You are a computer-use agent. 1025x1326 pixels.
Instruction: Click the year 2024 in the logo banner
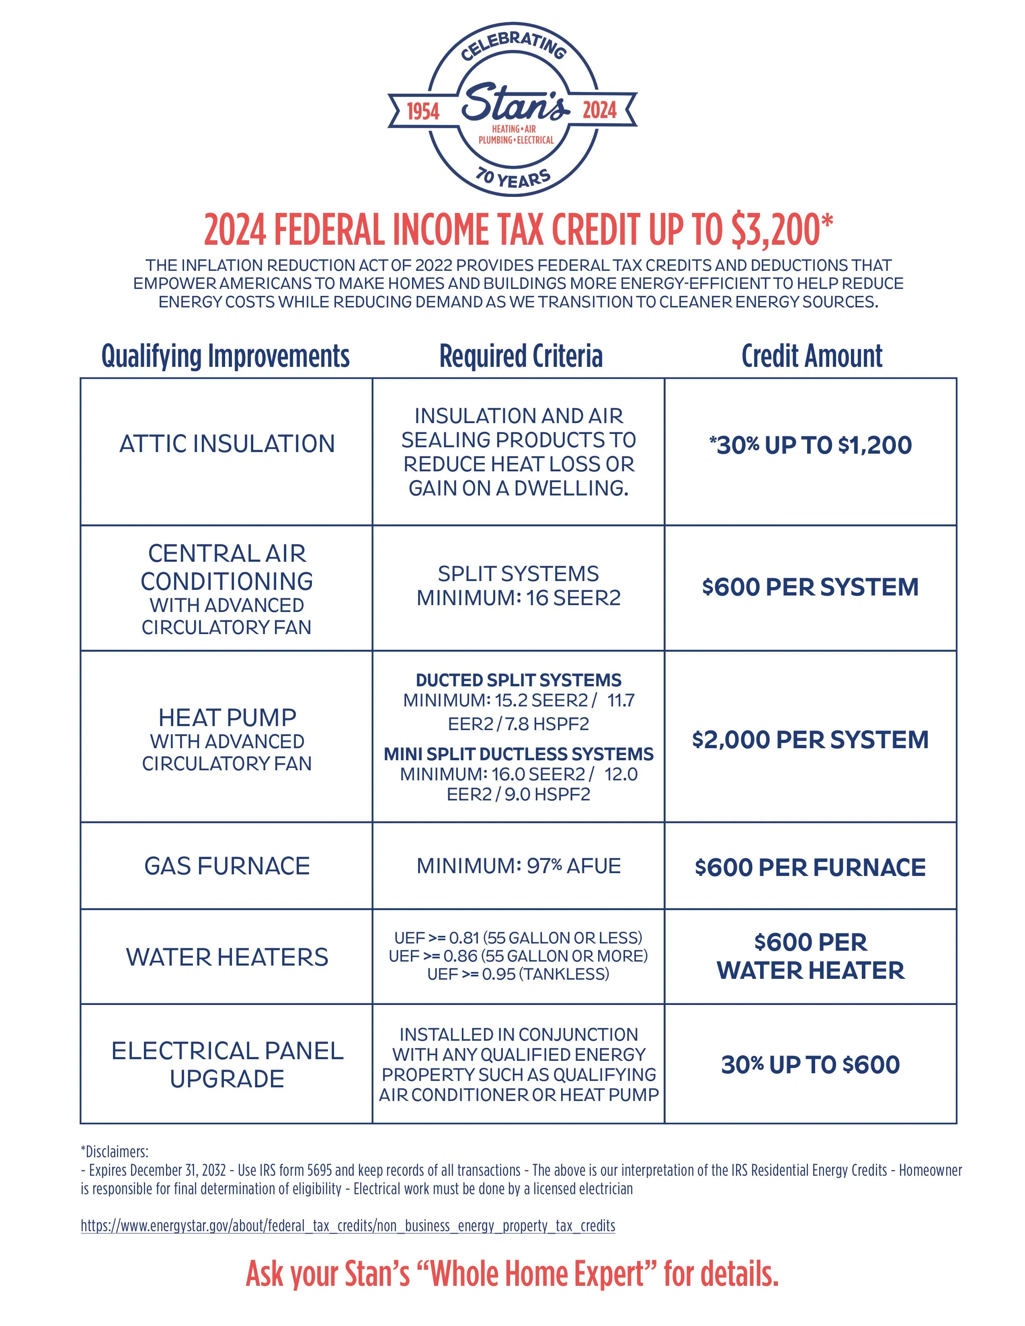599,110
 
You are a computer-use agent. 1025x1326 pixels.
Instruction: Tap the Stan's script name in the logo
515,102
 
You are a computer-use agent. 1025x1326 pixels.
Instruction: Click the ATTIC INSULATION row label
226,444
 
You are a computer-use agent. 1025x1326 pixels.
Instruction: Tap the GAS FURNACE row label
226,866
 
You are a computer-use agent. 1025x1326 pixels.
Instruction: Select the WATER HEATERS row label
226,958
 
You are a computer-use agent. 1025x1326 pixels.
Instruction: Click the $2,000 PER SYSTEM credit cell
810,739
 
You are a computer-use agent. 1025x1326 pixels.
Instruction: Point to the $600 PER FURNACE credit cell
810,867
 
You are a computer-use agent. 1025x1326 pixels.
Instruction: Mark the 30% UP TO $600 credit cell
810,1064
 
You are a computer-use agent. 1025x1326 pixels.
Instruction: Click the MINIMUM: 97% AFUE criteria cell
519,866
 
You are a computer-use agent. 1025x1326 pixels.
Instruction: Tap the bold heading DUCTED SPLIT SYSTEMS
519,680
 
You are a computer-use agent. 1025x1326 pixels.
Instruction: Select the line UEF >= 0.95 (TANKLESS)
519,974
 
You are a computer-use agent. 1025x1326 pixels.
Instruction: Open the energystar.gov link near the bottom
348,1226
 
